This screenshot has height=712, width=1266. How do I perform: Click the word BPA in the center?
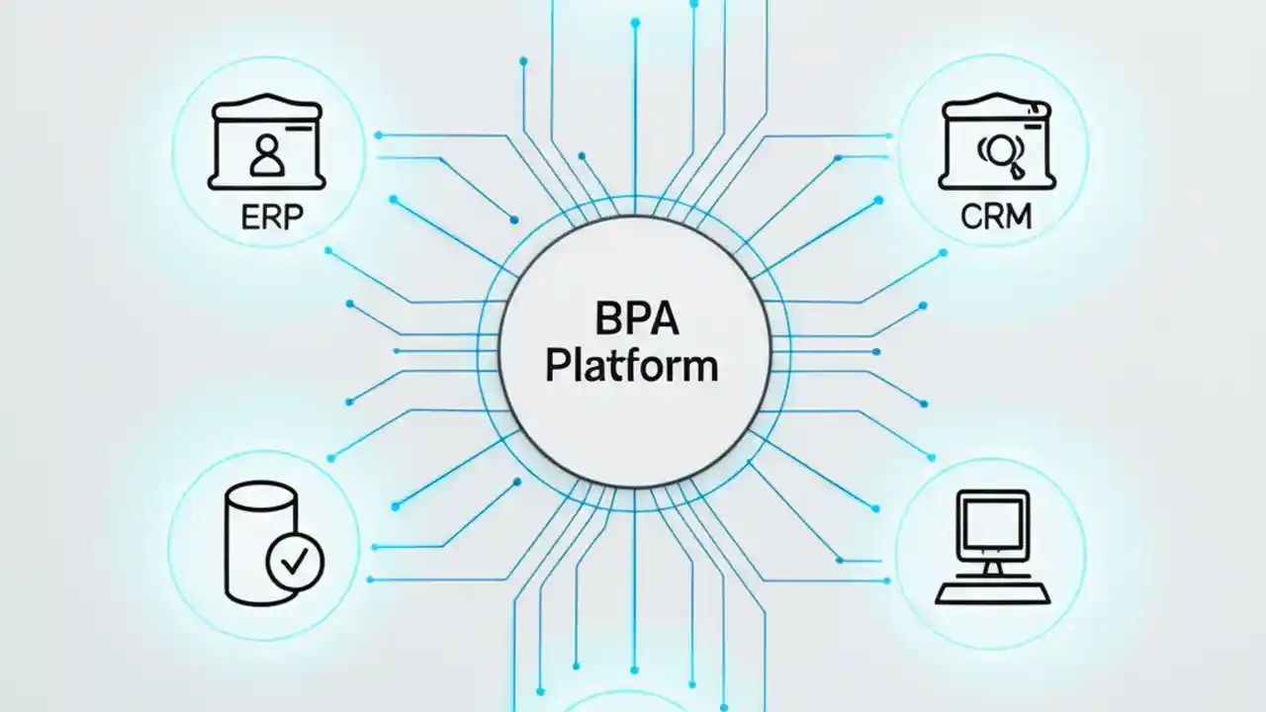pos(632,321)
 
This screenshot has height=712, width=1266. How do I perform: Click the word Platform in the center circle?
pos(632,366)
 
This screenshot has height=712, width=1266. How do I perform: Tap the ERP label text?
pos(268,216)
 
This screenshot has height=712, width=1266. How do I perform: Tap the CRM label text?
pos(995,216)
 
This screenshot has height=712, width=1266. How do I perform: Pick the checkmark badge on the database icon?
pos(295,562)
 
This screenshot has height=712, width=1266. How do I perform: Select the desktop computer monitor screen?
pos(993,525)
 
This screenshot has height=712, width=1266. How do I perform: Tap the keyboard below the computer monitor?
pos(993,592)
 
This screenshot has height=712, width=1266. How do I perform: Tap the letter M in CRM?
pos(1016,216)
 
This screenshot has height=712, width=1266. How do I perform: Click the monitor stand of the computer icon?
pos(993,569)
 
